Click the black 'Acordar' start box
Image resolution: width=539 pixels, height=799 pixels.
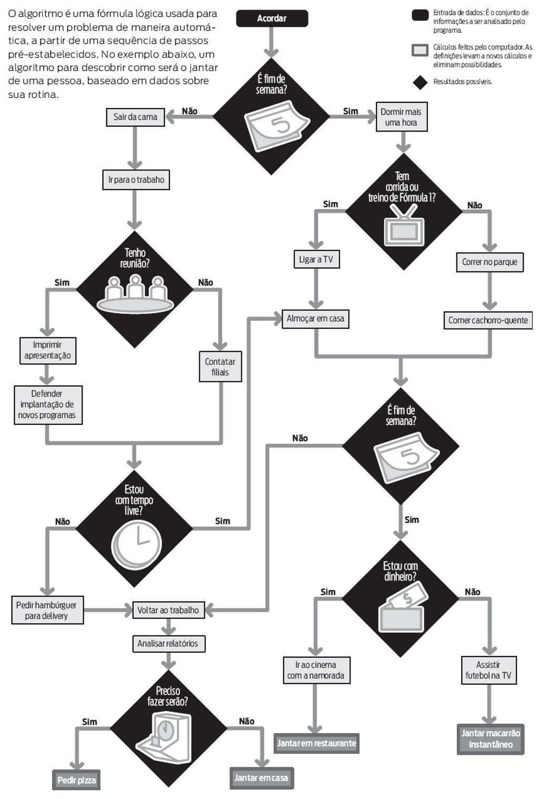tap(272, 18)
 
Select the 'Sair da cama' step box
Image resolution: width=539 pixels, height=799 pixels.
tap(135, 117)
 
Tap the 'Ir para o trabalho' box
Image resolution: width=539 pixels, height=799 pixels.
tap(136, 180)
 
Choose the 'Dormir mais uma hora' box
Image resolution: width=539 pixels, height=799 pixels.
tap(401, 117)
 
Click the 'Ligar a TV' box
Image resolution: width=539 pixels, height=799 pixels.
tap(316, 259)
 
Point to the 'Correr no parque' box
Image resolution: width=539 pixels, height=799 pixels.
tap(490, 262)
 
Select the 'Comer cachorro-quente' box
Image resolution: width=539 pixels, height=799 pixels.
tap(488, 320)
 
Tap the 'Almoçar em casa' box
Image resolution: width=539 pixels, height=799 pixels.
tap(315, 318)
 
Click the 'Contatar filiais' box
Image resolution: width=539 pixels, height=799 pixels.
tap(220, 367)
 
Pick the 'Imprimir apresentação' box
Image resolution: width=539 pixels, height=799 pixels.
tap(47, 351)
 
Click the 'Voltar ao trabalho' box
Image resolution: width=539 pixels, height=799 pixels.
tap(168, 610)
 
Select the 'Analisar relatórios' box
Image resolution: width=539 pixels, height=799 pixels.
tap(168, 643)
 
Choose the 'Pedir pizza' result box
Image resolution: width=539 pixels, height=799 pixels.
tap(76, 780)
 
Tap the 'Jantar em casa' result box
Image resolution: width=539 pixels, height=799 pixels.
tap(261, 778)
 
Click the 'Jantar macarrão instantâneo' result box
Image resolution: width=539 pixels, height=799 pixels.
tap(491, 739)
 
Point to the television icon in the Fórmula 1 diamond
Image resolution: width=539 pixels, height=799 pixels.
tap(404, 225)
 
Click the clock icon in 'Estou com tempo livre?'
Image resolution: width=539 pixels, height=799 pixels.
tap(137, 544)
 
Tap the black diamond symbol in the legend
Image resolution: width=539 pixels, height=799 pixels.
tap(420, 82)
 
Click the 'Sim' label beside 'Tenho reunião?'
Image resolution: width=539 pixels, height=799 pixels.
tap(62, 283)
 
